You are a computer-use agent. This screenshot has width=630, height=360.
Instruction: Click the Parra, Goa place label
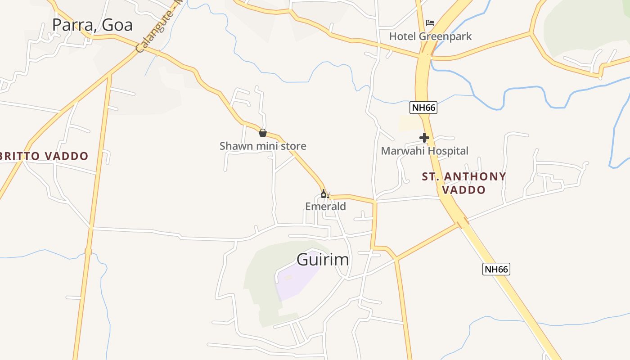tap(92, 25)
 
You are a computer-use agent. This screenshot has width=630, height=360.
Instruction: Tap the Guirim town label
tap(323, 260)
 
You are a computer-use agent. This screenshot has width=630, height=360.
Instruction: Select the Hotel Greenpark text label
tap(430, 36)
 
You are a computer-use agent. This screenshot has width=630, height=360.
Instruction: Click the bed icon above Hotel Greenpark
tap(430, 22)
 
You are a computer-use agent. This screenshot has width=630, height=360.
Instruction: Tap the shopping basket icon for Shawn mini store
tap(263, 133)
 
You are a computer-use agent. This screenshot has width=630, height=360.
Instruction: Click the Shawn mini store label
tap(263, 146)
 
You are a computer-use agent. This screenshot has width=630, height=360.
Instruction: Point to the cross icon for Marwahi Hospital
tap(424, 138)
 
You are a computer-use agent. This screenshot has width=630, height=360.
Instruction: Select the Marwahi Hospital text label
tap(424, 151)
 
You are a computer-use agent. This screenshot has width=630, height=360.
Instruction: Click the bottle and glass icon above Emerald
tap(325, 194)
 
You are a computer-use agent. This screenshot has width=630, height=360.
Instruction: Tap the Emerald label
tap(325, 207)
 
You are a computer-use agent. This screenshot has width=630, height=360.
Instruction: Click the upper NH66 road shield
tap(423, 108)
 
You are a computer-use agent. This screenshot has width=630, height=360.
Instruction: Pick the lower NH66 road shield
tap(496, 270)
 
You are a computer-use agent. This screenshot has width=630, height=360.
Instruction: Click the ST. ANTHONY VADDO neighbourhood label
tap(464, 183)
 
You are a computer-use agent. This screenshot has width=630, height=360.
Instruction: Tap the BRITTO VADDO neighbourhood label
tap(44, 156)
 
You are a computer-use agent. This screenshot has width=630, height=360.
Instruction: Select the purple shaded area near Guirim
tap(295, 279)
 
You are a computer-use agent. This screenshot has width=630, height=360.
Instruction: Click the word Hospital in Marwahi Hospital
tap(447, 151)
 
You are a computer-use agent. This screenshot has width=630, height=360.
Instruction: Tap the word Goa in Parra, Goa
tap(117, 25)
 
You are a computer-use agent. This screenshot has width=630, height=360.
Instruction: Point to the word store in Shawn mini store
tap(293, 146)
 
